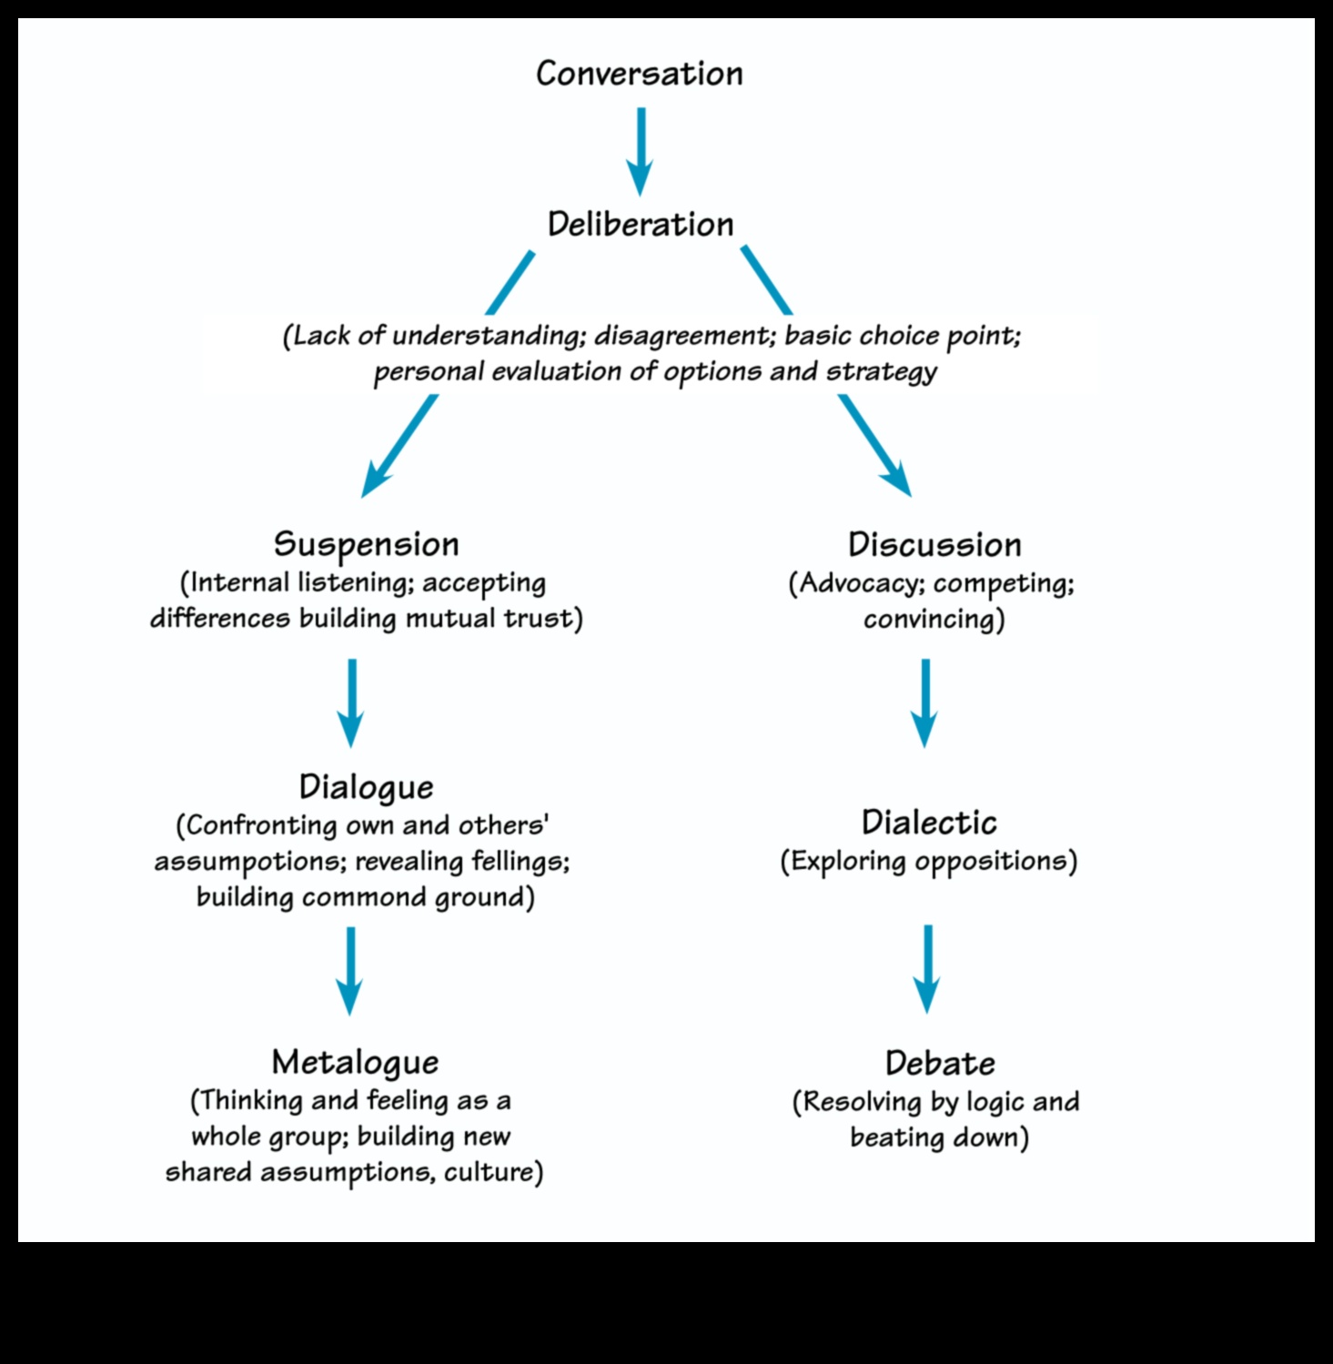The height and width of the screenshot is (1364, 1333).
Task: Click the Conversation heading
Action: pos(639,74)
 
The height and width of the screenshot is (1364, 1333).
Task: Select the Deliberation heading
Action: pos(640,225)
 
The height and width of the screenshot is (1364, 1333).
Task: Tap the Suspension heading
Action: pos(366,544)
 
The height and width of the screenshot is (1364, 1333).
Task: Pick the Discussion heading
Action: pos(934,545)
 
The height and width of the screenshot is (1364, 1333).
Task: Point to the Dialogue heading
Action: pos(366,787)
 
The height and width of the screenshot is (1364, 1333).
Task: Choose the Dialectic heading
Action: pos(929,823)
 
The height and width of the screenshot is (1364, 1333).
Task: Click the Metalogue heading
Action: pos(355,1062)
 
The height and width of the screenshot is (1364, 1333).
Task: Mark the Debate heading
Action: pos(940,1063)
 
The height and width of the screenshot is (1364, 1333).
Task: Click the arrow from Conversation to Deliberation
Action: pos(641,150)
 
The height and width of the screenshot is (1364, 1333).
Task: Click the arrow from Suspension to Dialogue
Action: pos(351,702)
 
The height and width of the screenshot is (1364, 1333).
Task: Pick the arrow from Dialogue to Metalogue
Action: pos(350,970)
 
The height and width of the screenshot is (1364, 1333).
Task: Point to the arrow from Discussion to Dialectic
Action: pos(925,702)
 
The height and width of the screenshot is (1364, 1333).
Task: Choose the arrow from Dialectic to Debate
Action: pos(927,968)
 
